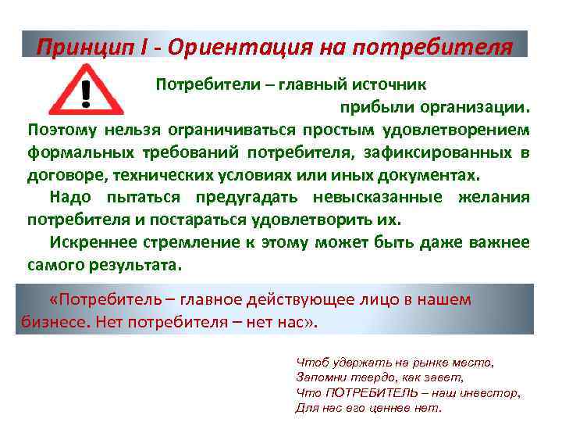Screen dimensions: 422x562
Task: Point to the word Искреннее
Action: (x=87, y=242)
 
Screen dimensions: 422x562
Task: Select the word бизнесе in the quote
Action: (x=47, y=322)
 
